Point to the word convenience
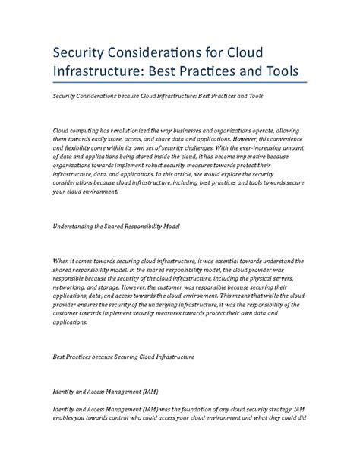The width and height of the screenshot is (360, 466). coord(276,141)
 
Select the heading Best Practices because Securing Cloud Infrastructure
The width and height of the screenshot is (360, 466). coord(124,356)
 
